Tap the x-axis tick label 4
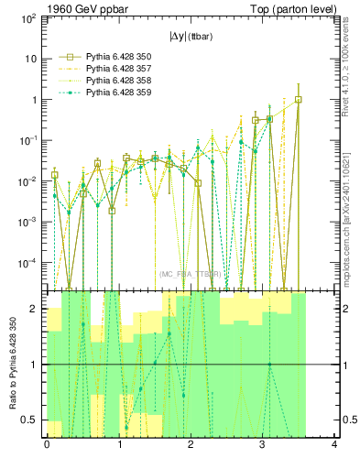(x=334, y=446)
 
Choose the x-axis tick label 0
(x=47, y=446)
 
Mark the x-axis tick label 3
(x=262, y=446)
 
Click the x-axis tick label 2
(x=191, y=446)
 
